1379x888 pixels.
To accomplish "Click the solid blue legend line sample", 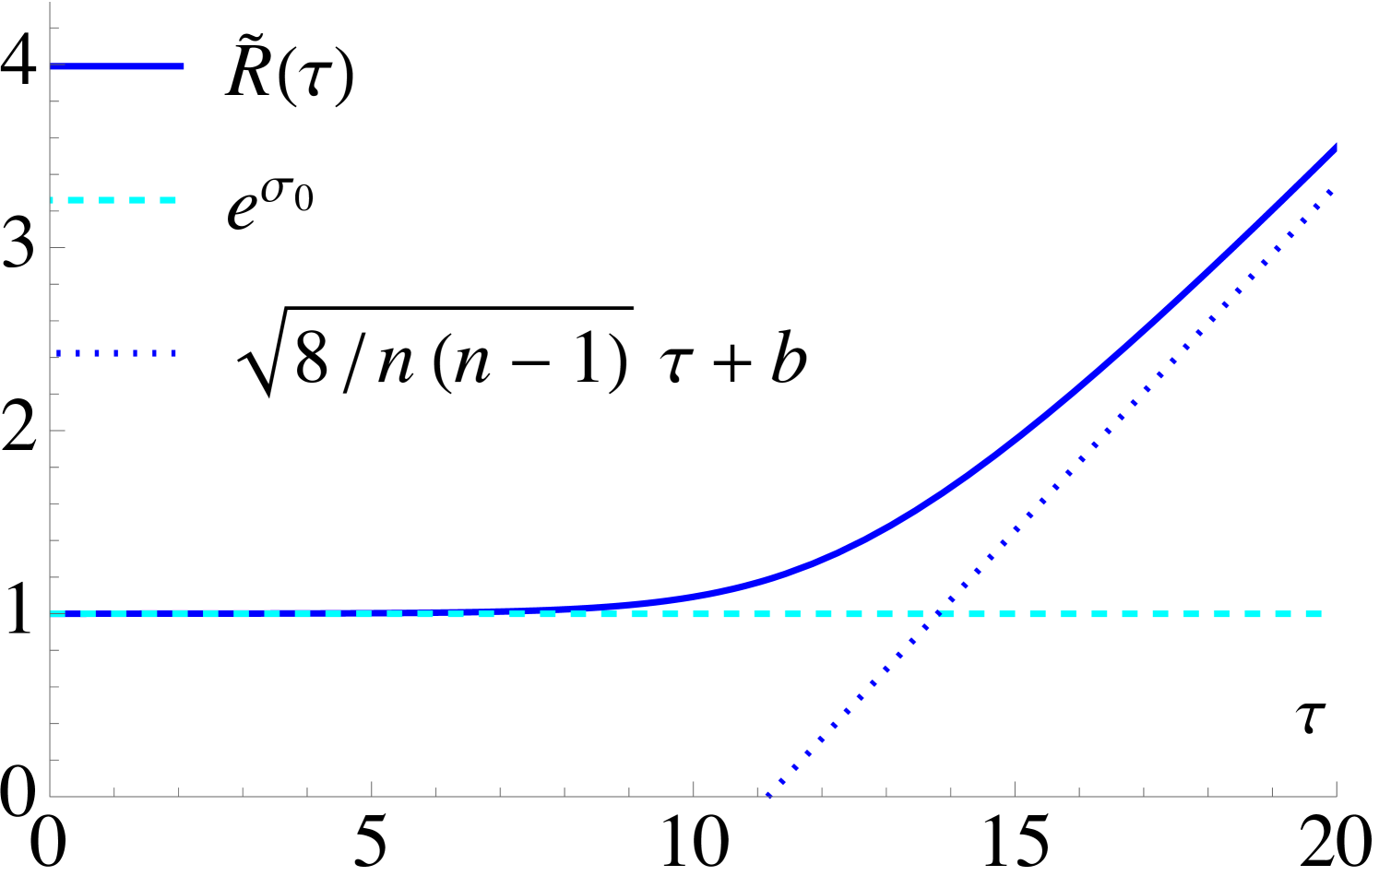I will click(x=117, y=66).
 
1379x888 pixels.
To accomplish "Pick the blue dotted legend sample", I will click(x=116, y=353).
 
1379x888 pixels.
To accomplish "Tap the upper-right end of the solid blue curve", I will click(x=1335, y=147).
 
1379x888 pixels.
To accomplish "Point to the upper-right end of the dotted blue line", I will click(x=1332, y=190).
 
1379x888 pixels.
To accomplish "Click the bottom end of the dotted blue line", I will click(x=769, y=795).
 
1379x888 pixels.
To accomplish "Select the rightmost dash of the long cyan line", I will click(x=1314, y=614).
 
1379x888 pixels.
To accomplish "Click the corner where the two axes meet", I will click(x=50, y=796).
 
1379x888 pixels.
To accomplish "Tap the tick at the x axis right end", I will click(x=1337, y=789).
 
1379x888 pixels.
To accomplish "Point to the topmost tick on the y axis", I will click(x=54, y=29).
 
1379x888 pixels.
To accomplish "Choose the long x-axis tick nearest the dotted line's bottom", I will click(x=694, y=789).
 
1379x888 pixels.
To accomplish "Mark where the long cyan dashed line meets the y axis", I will click(x=51, y=614).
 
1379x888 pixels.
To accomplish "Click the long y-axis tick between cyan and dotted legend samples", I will click(x=57, y=247).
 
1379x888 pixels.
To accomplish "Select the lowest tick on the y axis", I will click(x=54, y=760).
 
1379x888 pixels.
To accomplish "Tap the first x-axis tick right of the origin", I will click(x=114, y=791).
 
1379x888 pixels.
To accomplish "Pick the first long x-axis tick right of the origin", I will click(x=372, y=789).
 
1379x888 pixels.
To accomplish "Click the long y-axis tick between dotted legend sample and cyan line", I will click(x=57, y=431).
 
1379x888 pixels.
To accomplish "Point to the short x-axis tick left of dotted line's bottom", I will click(x=757, y=791).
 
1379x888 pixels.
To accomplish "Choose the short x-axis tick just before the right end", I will click(x=1272, y=791).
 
